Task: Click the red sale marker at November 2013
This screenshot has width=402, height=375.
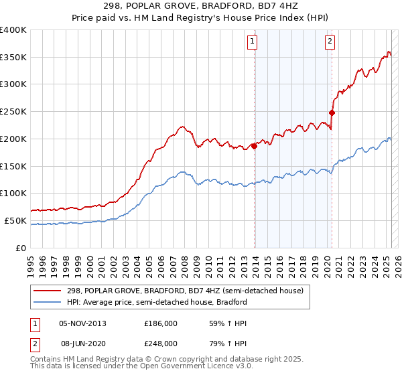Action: tap(255, 146)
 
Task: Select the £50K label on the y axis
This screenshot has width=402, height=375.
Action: tap(16, 220)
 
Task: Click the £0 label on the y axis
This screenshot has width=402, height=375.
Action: tap(21, 248)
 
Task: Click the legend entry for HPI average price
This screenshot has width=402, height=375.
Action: tap(157, 302)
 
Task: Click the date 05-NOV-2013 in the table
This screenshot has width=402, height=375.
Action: tap(82, 323)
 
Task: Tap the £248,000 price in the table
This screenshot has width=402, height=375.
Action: tap(161, 343)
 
